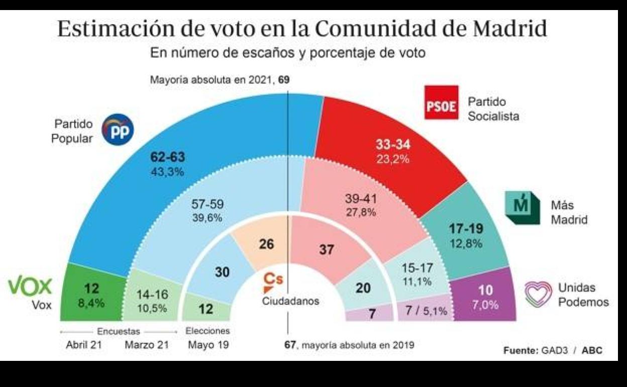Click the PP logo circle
click(x=118, y=129)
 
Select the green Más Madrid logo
click(x=520, y=208)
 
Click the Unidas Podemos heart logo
click(x=538, y=295)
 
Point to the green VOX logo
click(x=30, y=286)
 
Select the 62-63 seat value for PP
click(x=168, y=157)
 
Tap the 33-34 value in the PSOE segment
click(x=393, y=145)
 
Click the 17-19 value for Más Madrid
click(x=466, y=229)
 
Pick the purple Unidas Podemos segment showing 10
click(x=485, y=297)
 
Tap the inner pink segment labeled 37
click(x=327, y=249)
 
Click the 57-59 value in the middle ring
click(x=208, y=205)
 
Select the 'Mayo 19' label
click(x=207, y=345)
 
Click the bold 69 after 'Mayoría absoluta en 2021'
click(x=285, y=80)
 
